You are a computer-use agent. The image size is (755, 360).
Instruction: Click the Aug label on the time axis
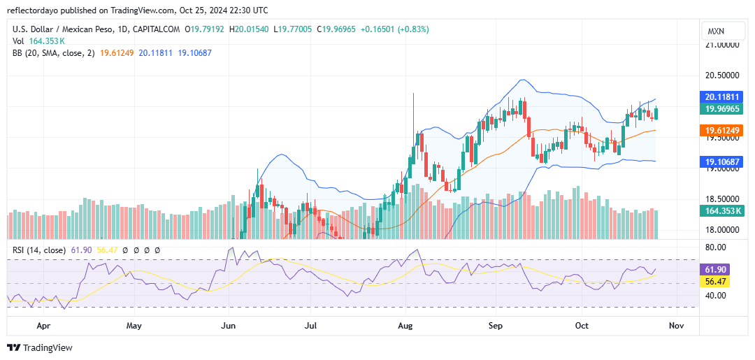pos(406,326)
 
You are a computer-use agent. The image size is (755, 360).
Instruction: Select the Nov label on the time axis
pos(677,326)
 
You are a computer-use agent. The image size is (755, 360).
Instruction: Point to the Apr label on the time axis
pos(44,326)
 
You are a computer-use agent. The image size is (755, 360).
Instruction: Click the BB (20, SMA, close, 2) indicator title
pos(53,53)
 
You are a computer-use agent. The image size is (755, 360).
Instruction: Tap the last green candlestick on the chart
pos(656,113)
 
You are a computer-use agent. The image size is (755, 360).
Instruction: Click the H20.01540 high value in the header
pos(250,29)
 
